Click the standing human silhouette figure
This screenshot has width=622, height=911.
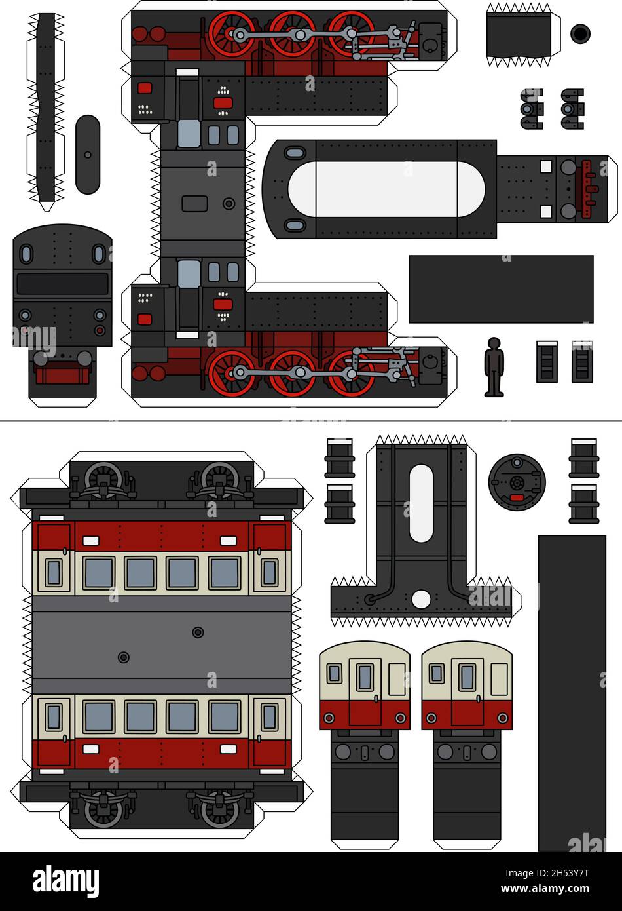click(494, 367)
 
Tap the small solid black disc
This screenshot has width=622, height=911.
click(580, 33)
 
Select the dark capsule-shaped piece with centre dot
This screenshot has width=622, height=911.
click(88, 155)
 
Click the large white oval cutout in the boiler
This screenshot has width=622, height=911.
click(386, 189)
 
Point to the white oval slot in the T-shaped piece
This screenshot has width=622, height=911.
click(421, 503)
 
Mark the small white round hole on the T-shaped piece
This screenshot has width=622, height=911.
click(422, 599)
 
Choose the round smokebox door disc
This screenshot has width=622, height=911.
click(517, 482)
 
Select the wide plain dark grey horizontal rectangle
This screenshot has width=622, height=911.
click(501, 289)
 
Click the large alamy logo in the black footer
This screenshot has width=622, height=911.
click(65, 882)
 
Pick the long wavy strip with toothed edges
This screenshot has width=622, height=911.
click(46, 108)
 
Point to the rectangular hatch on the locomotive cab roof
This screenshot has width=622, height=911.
click(194, 204)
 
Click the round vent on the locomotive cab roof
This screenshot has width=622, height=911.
click(229, 204)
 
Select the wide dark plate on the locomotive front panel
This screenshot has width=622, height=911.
click(62, 284)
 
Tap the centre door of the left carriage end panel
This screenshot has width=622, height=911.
click(365, 691)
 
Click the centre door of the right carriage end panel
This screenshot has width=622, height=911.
click(467, 691)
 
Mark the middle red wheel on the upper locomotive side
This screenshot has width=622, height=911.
click(292, 33)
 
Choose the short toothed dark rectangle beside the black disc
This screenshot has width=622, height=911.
click(519, 35)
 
